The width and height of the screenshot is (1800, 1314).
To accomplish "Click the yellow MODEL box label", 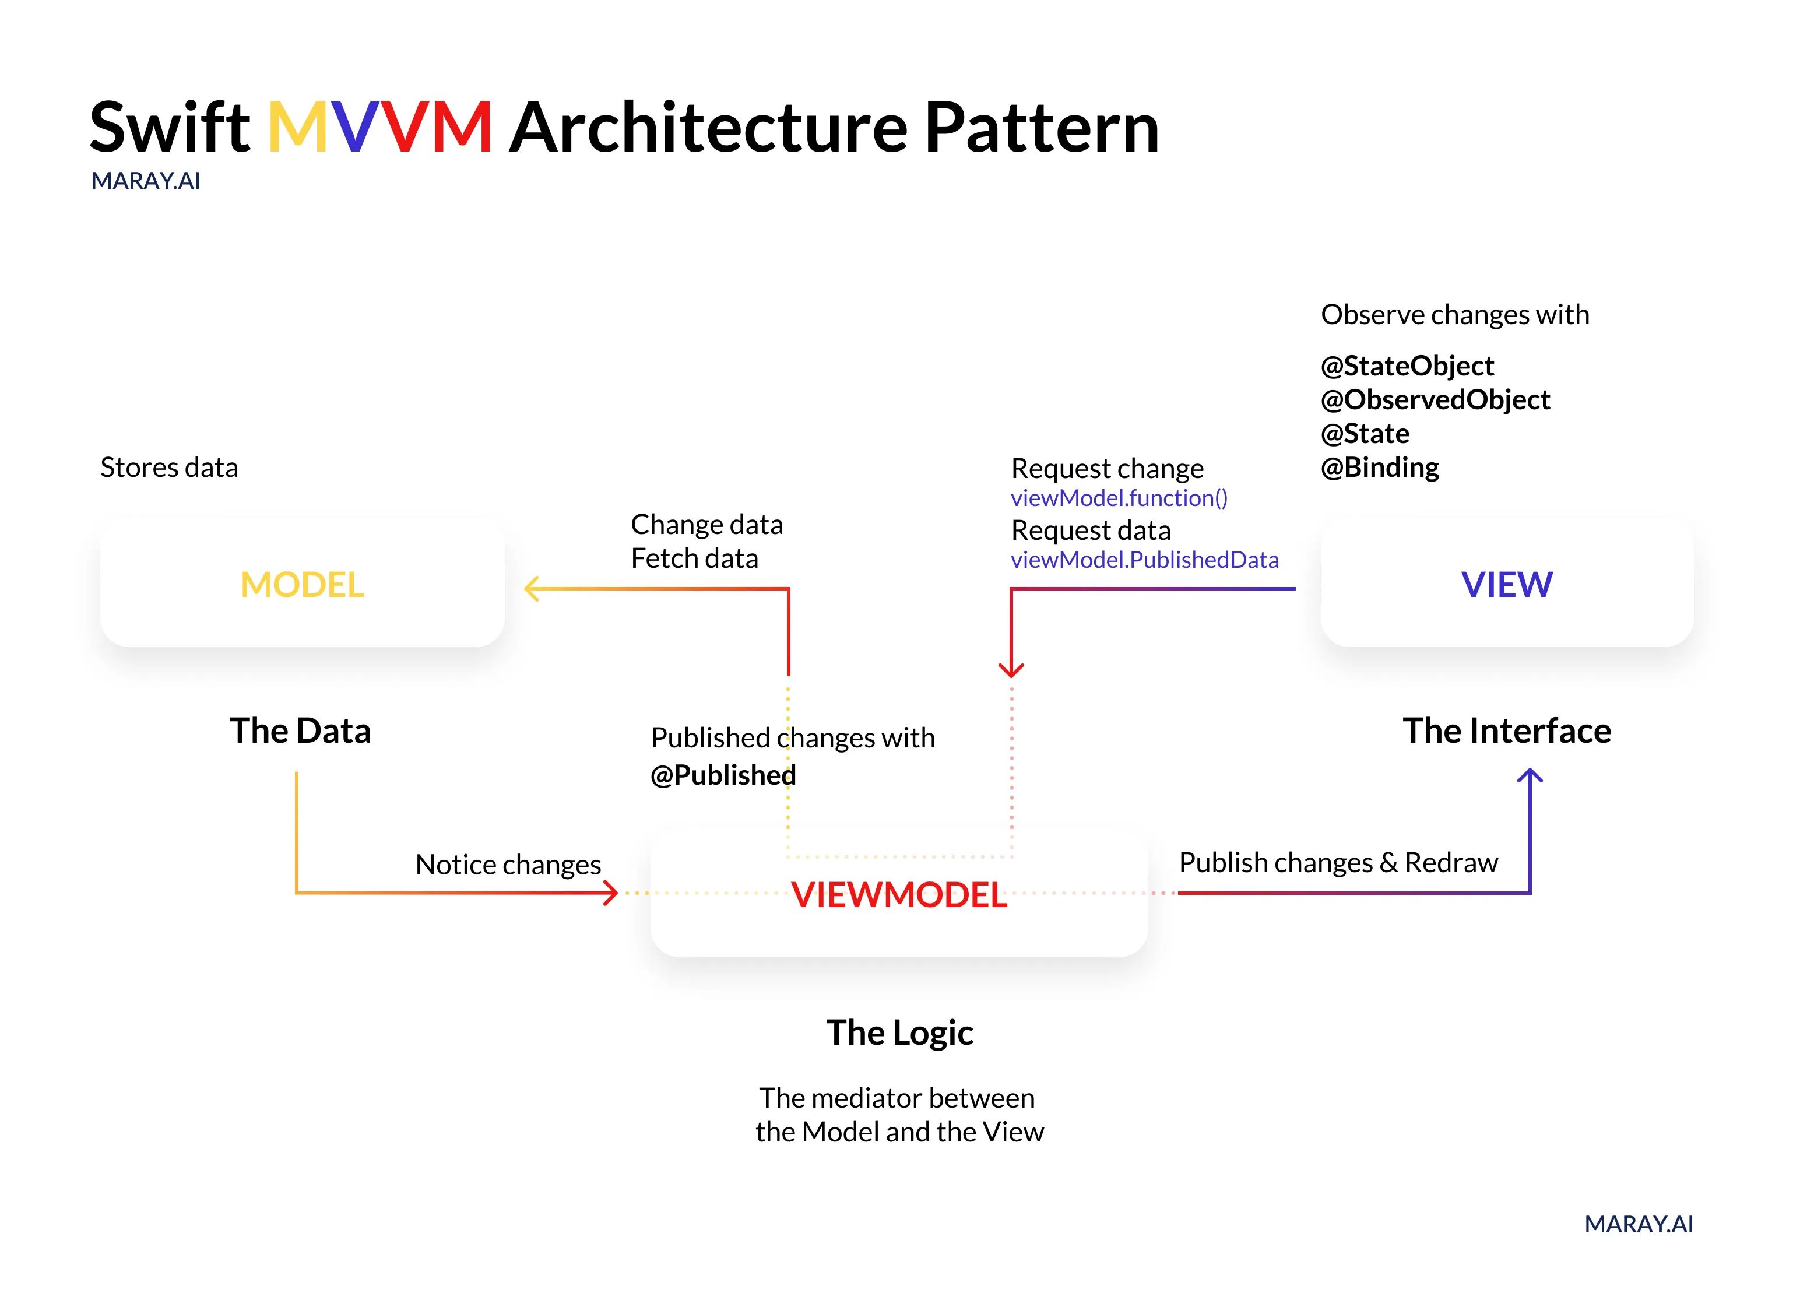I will point(303,585).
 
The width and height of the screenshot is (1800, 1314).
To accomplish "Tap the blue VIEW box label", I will point(1506,585).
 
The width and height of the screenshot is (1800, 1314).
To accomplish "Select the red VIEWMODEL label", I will point(899,895).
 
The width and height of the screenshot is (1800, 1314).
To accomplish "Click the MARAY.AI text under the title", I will point(146,181).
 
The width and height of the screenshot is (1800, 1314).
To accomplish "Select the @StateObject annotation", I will point(1407,366).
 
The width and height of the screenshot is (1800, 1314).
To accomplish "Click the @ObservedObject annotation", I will point(1435,400).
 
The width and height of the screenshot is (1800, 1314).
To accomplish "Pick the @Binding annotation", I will point(1379,468).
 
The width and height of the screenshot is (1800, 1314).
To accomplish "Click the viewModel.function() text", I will point(1119,498).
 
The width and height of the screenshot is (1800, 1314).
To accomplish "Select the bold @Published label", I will point(723,775).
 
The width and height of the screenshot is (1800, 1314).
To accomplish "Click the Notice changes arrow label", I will point(508,865).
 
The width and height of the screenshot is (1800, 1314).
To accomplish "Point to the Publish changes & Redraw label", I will point(1338,863).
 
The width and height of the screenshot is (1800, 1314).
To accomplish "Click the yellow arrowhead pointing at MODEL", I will point(530,589).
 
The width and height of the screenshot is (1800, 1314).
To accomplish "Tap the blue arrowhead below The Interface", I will point(1530,775).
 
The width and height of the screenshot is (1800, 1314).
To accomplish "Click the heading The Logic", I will point(899,1033).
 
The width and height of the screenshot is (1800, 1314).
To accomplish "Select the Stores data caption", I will point(168,468).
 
